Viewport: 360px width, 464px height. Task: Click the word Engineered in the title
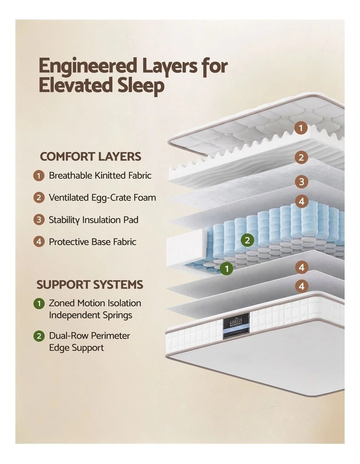click(88, 67)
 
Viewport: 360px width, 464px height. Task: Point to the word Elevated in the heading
click(75, 85)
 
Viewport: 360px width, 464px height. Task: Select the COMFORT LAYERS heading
click(90, 156)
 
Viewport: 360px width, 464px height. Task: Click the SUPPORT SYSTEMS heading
click(90, 284)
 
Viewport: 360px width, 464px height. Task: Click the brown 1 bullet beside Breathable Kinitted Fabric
click(39, 175)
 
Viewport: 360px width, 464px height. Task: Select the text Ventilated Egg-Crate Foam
click(102, 197)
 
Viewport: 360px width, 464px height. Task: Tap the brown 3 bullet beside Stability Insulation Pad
click(39, 220)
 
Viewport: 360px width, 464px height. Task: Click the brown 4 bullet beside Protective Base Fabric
click(39, 242)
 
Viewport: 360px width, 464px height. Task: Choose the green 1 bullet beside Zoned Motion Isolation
click(39, 303)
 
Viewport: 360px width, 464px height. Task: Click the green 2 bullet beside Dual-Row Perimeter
click(39, 336)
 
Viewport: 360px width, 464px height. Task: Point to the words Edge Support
click(76, 347)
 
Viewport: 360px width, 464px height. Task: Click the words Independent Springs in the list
click(90, 315)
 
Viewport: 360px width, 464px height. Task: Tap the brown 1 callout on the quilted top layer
click(301, 128)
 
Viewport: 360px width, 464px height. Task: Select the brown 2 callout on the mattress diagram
click(301, 157)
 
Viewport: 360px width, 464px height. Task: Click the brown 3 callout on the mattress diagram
click(301, 181)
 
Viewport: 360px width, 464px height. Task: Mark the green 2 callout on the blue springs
click(247, 240)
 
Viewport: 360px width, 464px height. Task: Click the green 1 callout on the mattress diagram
click(226, 268)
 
